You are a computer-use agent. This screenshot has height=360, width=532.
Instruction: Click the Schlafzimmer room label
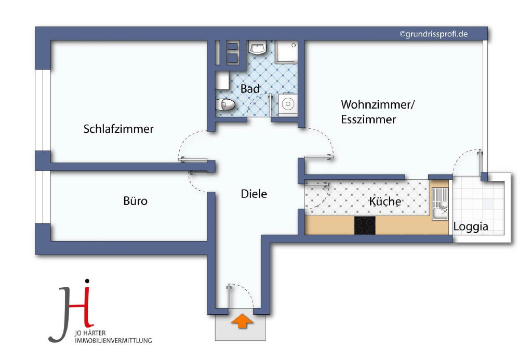118,129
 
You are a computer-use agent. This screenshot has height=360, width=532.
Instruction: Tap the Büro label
136,201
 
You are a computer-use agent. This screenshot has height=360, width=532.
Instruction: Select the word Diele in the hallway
254,194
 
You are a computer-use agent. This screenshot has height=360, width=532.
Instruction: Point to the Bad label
250,89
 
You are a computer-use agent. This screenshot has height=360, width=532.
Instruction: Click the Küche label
385,201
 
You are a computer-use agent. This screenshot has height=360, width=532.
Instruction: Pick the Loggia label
471,226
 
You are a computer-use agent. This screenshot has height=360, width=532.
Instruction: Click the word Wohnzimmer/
378,104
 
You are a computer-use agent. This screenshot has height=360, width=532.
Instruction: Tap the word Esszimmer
368,119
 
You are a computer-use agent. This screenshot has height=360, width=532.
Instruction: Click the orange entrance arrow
242,321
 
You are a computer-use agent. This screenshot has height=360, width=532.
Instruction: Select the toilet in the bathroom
225,104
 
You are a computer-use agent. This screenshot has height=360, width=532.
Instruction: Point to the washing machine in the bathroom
288,104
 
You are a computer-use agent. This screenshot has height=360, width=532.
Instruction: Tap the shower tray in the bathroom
286,52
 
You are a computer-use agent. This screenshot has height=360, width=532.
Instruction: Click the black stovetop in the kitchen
365,225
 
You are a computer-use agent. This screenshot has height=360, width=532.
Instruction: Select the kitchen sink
440,204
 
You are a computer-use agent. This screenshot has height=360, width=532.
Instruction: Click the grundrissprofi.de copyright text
434,34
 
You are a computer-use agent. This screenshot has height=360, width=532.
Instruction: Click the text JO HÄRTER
90,333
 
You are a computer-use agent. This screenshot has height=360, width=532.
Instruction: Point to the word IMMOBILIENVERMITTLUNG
113,341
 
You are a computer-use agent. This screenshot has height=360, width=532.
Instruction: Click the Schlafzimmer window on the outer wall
43,110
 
